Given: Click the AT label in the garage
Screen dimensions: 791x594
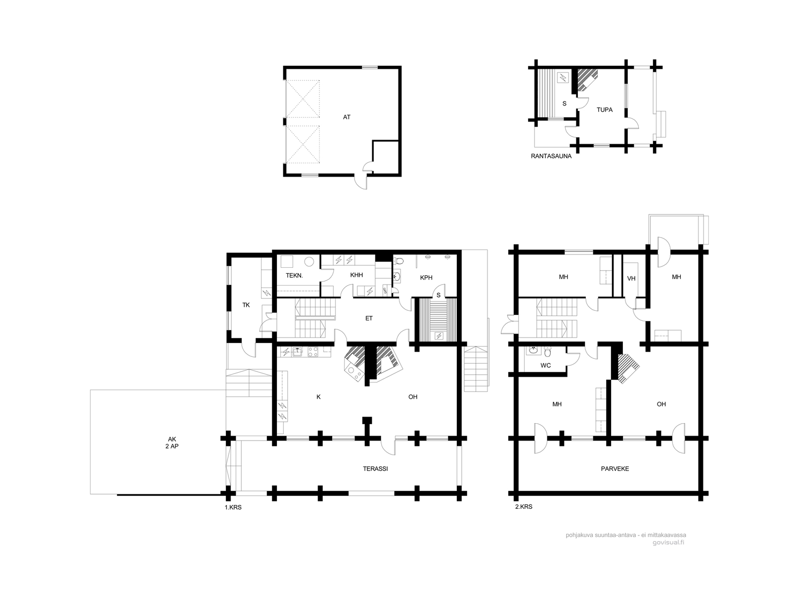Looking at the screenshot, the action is coord(347,117).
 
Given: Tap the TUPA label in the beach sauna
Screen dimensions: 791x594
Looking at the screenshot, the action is coord(604,110).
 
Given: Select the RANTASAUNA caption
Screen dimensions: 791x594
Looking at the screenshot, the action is coord(551,156).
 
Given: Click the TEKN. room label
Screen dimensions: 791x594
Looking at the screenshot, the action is coord(294,276).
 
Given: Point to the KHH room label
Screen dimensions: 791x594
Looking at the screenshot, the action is coord(356,275).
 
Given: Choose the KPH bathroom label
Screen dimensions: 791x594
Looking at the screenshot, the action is coord(426,278).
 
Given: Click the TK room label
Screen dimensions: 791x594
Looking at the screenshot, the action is coord(246,305).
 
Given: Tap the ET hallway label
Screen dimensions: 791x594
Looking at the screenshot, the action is coord(369,318).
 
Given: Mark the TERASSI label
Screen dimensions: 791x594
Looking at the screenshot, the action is coord(375,469).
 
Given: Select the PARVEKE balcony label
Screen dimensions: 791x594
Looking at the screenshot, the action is coord(615,469).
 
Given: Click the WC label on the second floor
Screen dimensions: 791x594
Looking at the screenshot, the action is coord(546,366).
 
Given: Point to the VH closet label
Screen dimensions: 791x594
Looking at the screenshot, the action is coord(631,278).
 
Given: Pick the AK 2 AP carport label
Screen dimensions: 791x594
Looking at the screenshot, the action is coord(172,443).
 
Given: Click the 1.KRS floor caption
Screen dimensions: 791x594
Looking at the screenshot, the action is coord(233,507).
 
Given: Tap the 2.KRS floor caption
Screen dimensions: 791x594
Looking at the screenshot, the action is coord(523,507).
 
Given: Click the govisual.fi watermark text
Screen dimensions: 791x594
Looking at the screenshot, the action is coord(668,552).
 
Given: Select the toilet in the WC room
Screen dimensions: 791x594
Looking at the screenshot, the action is coord(547,351).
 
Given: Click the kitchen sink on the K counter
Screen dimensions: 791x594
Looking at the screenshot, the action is coord(298,351).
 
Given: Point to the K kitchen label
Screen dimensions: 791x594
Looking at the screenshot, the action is coord(318,397).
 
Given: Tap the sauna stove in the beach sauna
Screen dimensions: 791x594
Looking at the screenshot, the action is coord(563,78).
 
